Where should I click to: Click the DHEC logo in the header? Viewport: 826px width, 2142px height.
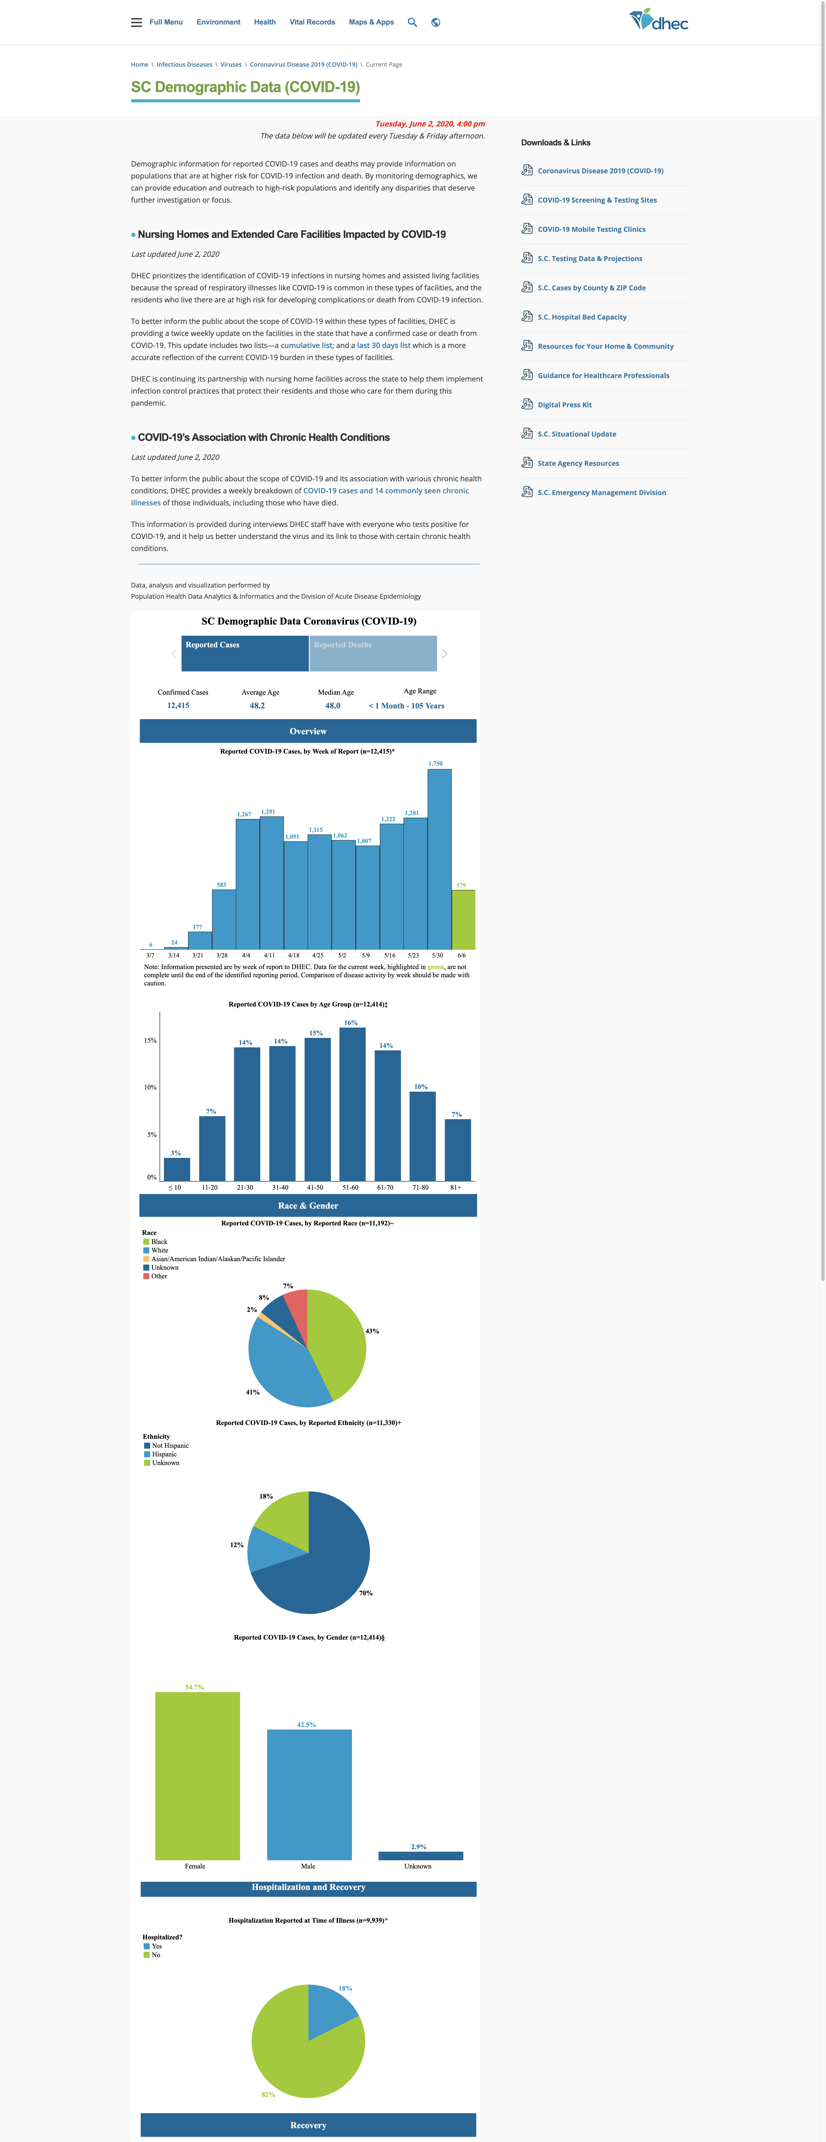pyautogui.click(x=659, y=20)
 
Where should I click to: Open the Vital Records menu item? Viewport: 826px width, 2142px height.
pyautogui.click(x=312, y=22)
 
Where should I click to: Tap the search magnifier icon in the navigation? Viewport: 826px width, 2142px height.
pyautogui.click(x=412, y=22)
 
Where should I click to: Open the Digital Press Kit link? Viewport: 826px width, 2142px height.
pyautogui.click(x=565, y=405)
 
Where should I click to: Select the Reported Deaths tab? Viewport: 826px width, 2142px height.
pyautogui.click(x=373, y=654)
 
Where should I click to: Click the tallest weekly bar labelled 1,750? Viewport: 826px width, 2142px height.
pyautogui.click(x=439, y=859)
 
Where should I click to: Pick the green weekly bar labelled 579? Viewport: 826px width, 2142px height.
pyautogui.click(x=463, y=920)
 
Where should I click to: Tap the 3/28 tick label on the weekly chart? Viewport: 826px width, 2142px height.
pyautogui.click(x=222, y=956)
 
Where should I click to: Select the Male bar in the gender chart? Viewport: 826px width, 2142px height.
pyautogui.click(x=310, y=1794)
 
